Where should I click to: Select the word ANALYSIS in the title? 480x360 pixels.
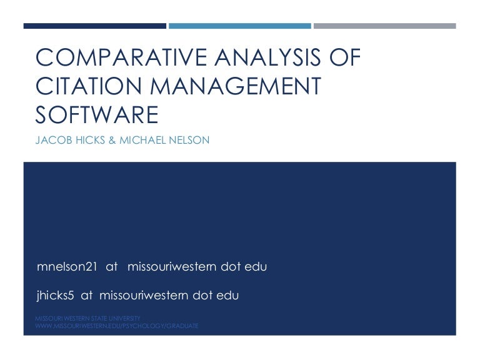pos(267,57)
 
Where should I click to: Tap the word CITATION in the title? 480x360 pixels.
pos(89,86)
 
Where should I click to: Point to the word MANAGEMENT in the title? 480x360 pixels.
pos(236,86)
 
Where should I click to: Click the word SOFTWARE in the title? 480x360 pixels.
pos(97,115)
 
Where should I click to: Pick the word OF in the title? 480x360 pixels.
pos(345,57)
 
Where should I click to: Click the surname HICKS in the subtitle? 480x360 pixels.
pos(90,140)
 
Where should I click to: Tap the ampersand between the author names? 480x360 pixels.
pos(112,140)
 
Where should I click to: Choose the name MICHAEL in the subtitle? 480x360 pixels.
pos(142,140)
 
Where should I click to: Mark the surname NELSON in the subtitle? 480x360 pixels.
pos(189,140)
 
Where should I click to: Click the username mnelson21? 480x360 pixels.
pos(67,266)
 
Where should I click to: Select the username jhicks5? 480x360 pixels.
pos(56,296)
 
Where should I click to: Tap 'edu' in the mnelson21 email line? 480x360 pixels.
pos(256,266)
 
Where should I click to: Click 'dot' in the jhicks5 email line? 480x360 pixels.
pos(202,296)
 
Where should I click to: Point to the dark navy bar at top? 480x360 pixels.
pos(95,26)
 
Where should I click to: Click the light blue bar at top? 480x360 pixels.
pos(240,26)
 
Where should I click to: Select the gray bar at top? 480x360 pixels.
pos(385,26)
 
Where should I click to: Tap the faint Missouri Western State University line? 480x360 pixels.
pos(88,318)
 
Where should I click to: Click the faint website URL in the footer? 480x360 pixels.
pos(117,326)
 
